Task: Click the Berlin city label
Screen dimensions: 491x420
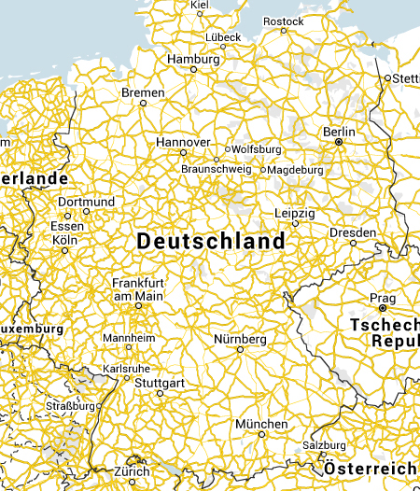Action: [x=339, y=133]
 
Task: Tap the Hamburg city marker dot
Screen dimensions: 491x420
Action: [x=194, y=69]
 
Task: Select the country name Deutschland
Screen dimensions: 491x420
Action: [x=211, y=241]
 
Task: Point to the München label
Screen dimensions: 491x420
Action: [x=261, y=424]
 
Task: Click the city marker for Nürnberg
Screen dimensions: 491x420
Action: [x=240, y=349]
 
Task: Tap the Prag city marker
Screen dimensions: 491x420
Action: [x=383, y=307]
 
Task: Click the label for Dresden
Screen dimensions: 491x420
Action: [x=353, y=232]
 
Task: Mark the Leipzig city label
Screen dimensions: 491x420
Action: [x=295, y=214]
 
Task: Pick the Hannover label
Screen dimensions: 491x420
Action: [x=183, y=141]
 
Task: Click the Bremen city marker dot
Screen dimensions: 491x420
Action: [x=143, y=103]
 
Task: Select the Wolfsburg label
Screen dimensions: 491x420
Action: [x=257, y=148]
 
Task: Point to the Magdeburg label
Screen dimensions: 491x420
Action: [x=296, y=170]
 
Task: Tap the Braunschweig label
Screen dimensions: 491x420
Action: [x=217, y=169]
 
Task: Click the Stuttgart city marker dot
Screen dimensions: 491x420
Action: [x=160, y=393]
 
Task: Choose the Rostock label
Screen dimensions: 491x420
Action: [x=284, y=21]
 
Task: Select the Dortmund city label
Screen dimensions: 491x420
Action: [x=86, y=202]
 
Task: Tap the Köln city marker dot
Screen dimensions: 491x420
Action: [x=64, y=250]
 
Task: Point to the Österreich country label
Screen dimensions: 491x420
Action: [x=371, y=467]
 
